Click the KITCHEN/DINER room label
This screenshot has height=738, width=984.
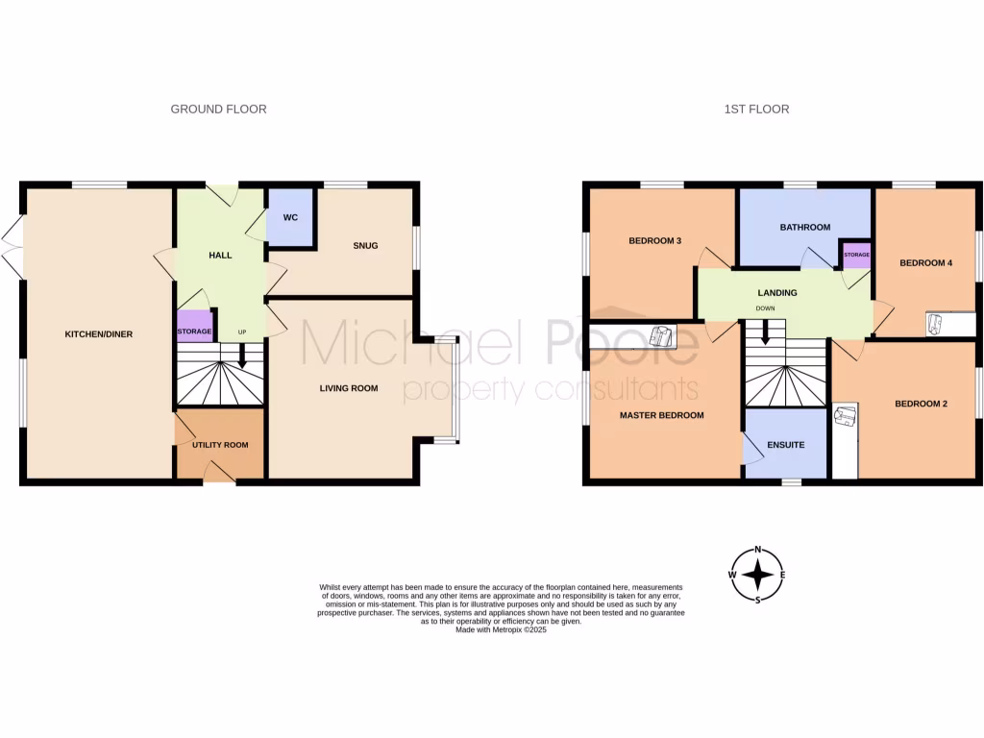click(98, 334)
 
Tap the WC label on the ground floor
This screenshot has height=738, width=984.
click(290, 217)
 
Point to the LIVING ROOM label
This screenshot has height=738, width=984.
click(349, 389)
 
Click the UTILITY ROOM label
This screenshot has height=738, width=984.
click(220, 445)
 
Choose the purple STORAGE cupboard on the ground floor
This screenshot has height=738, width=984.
click(194, 325)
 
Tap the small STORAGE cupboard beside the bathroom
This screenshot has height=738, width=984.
click(856, 255)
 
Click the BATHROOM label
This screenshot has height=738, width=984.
click(804, 228)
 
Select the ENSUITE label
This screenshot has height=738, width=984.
click(785, 445)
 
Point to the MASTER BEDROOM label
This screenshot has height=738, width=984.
click(661, 416)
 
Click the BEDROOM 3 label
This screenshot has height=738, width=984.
click(655, 241)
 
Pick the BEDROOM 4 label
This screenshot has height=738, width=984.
click(925, 262)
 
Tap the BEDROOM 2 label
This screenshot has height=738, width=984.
click(921, 405)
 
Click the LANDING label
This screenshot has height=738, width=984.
click(776, 293)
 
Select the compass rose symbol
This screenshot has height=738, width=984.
click(758, 575)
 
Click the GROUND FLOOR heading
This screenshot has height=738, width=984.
click(218, 110)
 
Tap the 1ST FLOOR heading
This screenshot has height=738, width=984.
click(756, 110)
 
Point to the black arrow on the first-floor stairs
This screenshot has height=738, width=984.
click(766, 332)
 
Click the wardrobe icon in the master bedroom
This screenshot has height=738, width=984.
click(661, 335)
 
